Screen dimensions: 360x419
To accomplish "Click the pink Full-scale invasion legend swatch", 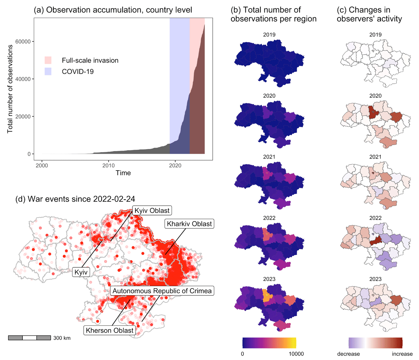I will point(48,60).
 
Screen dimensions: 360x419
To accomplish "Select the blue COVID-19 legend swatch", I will point(48,72).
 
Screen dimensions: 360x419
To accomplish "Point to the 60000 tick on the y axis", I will point(23,42).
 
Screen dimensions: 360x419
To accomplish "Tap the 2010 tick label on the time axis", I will point(109,165).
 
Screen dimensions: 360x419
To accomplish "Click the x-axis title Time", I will point(123,173).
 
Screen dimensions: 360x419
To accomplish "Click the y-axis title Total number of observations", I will point(10,89).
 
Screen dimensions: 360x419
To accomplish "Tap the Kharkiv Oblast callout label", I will point(189,224).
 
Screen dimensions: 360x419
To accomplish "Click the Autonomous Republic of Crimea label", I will point(162,291).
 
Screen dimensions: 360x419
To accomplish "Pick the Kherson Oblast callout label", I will point(110,330).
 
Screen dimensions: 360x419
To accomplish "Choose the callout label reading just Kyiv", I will point(81,272).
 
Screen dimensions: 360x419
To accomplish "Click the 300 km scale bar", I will point(30,338).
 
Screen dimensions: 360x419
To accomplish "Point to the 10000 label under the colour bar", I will point(295,354).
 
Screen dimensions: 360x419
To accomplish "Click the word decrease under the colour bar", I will point(348,354).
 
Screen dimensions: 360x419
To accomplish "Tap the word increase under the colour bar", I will point(402,354).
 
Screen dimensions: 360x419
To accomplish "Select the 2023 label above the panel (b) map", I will point(269,279).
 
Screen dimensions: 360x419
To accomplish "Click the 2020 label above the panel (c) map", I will point(375,96).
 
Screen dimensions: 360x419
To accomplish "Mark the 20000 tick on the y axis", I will point(23,117).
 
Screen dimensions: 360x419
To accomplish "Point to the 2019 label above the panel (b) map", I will point(269,35).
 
